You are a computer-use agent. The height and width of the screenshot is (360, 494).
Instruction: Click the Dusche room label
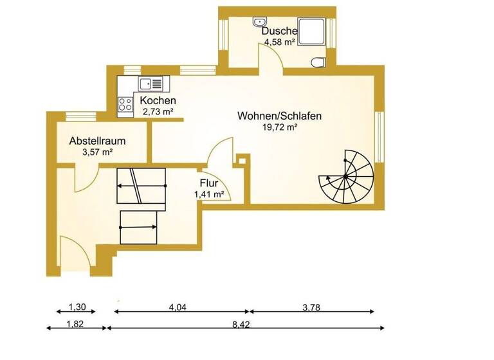tap(279, 31)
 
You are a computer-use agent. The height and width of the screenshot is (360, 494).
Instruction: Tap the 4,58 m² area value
tap(279, 42)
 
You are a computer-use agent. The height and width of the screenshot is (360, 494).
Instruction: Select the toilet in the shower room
tap(318, 62)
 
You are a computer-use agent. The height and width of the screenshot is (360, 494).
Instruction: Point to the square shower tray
tap(312, 30)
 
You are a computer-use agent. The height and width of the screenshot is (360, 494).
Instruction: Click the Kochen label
tap(158, 102)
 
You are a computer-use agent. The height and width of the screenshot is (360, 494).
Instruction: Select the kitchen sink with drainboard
tap(152, 83)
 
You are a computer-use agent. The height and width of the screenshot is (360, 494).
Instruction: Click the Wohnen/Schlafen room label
tap(279, 116)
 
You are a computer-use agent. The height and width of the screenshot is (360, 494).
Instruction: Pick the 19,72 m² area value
tap(279, 128)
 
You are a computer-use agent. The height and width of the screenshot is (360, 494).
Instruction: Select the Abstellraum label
tap(97, 141)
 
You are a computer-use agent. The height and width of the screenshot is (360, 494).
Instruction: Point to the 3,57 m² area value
tap(97, 152)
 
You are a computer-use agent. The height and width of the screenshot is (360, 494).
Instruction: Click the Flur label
tap(208, 183)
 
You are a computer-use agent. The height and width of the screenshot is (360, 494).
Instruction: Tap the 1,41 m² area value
tap(208, 194)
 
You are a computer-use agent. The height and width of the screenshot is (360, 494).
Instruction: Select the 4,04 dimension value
tap(178, 307)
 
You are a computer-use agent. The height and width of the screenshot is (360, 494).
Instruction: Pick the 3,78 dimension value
tap(311, 307)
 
